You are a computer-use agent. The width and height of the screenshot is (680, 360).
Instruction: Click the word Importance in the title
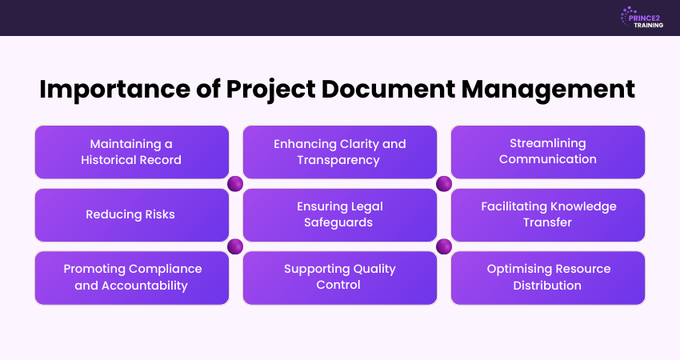114,90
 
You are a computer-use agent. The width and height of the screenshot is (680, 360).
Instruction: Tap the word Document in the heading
388,90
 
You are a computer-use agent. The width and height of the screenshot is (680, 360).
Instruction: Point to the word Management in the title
548,90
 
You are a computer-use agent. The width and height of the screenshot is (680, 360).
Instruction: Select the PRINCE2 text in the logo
644,18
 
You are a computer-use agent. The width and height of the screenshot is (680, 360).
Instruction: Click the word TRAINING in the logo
648,25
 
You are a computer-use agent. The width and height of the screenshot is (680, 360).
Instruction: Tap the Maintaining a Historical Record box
132,152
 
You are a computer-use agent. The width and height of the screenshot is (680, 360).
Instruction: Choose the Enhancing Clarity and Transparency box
340,152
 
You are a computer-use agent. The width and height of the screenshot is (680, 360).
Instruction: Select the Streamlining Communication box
548,152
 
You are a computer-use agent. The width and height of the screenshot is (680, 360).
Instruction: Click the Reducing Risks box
132,215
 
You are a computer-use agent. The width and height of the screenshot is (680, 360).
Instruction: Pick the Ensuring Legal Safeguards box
340,215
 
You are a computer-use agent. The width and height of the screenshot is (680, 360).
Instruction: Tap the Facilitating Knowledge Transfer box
548,215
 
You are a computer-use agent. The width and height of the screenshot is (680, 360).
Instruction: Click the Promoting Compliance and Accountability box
132,278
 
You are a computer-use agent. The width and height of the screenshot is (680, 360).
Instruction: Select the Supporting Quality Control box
340,278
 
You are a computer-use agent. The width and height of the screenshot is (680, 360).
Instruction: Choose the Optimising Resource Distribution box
548,278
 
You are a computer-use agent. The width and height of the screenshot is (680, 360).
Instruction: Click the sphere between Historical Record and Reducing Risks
235,184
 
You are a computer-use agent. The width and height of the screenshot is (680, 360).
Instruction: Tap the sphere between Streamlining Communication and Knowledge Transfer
444,184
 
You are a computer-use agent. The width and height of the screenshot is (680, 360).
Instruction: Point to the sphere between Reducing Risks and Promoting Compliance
235,246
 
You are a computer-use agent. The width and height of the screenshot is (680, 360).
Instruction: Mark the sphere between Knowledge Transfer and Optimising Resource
444,246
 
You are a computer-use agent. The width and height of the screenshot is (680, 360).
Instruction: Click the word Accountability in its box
145,286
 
